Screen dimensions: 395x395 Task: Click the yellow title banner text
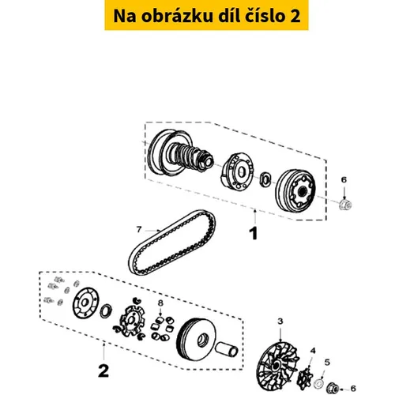(x=207, y=16)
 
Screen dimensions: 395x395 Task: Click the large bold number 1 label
(x=254, y=233)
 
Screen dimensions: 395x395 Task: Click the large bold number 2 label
(x=103, y=371)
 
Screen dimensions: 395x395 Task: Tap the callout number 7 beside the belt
(x=139, y=229)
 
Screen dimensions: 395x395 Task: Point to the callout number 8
(x=160, y=303)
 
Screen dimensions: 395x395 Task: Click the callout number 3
(x=280, y=322)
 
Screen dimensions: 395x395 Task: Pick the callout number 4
(x=313, y=351)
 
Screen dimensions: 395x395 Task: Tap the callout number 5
(x=327, y=363)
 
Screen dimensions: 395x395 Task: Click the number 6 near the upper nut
(x=344, y=180)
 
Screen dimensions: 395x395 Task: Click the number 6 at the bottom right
(x=353, y=389)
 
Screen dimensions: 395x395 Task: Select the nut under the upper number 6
(x=345, y=205)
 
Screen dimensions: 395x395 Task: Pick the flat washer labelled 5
(x=319, y=383)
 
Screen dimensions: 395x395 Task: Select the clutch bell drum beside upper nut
(x=295, y=190)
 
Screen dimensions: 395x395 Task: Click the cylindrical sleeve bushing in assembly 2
(x=227, y=349)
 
